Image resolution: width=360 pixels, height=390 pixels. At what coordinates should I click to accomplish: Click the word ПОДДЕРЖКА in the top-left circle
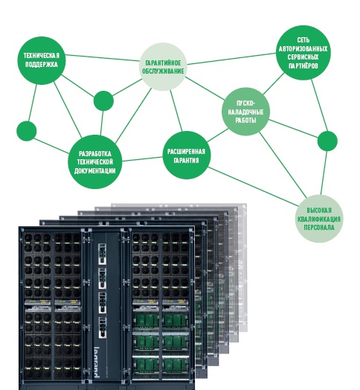(x=42, y=65)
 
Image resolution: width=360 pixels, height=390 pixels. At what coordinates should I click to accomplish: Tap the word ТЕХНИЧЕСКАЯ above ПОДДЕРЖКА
(x=42, y=56)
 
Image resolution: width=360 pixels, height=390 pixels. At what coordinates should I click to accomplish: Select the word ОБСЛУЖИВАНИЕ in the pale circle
(x=163, y=71)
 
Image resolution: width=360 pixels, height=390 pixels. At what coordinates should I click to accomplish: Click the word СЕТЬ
(x=303, y=39)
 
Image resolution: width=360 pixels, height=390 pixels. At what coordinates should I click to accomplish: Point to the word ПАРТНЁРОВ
(x=303, y=66)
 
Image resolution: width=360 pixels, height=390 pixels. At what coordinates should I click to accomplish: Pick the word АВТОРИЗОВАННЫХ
(x=303, y=48)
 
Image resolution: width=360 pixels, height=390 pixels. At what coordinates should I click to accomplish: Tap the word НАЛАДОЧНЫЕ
(x=245, y=112)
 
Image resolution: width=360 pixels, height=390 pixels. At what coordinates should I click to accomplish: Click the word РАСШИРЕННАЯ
(x=186, y=152)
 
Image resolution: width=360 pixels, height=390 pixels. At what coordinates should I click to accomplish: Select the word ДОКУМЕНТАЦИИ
(x=94, y=171)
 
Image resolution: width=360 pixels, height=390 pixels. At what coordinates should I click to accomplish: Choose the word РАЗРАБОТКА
(x=95, y=154)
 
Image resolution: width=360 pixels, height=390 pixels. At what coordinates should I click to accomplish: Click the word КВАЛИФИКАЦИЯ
(x=319, y=219)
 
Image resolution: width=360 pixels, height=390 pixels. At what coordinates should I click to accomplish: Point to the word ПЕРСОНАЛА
(x=319, y=228)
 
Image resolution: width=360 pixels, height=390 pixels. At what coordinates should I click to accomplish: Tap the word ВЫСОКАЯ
(x=319, y=211)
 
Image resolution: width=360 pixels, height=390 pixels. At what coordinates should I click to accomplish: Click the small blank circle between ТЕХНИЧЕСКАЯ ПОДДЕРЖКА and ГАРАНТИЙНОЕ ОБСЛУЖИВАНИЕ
(x=103, y=100)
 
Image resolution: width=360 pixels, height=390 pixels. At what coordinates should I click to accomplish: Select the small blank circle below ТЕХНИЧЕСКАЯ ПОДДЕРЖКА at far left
(x=26, y=131)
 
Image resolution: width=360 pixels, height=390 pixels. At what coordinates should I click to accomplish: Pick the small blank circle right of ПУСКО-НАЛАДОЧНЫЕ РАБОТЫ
(x=327, y=141)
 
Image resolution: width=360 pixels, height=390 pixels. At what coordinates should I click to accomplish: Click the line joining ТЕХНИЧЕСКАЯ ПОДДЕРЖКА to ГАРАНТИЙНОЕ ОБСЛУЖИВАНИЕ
(x=103, y=58)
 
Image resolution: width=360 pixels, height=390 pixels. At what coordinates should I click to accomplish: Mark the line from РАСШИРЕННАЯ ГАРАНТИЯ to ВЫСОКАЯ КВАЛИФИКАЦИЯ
(x=254, y=187)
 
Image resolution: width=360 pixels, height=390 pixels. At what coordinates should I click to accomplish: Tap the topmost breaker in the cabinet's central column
(x=102, y=254)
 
